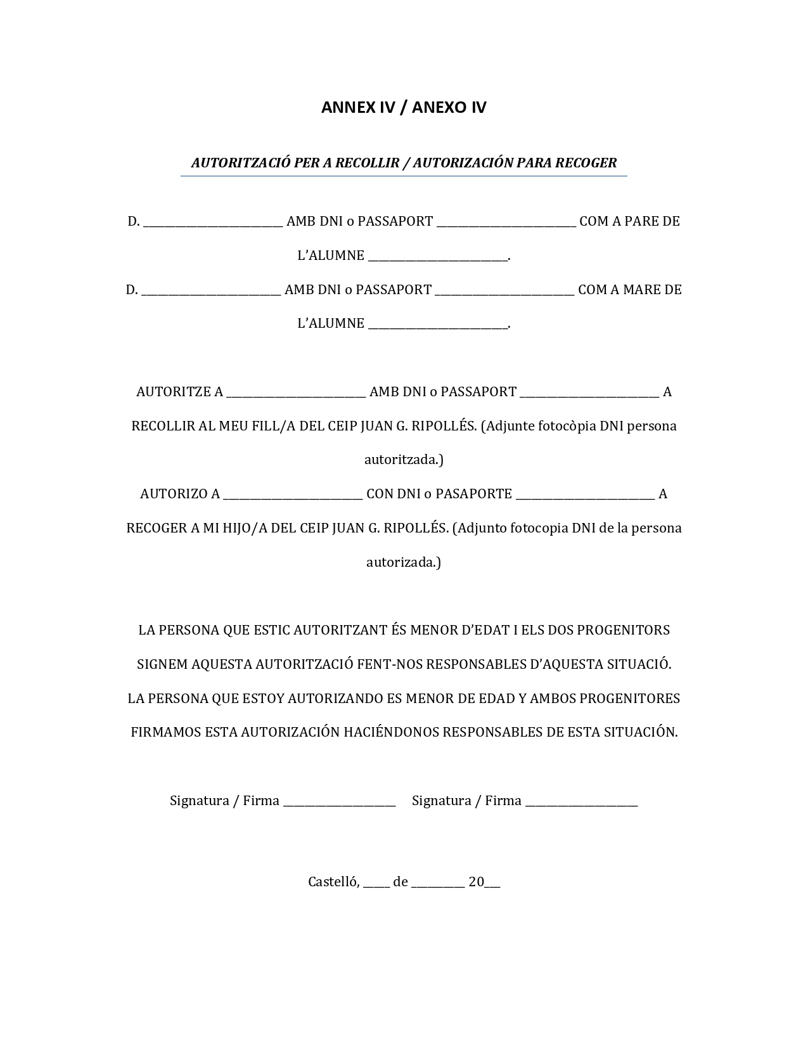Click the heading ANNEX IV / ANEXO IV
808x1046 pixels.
[404, 107]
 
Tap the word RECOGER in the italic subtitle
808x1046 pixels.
[586, 163]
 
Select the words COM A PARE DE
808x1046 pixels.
[629, 221]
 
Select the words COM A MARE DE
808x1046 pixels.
[630, 290]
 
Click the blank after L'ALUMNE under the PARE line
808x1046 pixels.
[438, 257]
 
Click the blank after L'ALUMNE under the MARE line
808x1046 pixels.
[438, 325]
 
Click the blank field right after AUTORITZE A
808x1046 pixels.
[296, 393]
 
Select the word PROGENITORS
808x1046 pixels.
[624, 630]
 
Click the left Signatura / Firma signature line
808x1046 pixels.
[339, 803]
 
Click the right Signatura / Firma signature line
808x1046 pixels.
[581, 803]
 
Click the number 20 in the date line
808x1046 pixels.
[476, 882]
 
